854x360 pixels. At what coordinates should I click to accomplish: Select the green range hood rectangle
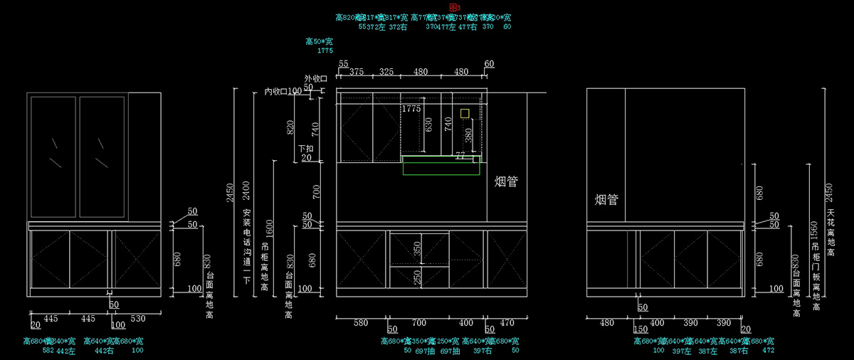440,166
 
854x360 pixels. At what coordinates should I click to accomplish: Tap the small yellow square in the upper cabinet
465,113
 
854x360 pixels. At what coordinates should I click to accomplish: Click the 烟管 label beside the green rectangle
506,182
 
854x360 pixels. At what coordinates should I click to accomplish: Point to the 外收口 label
315,78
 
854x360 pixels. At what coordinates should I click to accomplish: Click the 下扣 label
305,149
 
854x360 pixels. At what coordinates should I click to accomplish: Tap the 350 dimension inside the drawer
418,249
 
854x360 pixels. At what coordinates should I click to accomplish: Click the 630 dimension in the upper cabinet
428,125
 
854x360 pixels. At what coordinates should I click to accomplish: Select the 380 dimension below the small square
468,135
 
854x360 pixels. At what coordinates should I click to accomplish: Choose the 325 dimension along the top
386,72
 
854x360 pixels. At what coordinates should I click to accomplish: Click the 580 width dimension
361,323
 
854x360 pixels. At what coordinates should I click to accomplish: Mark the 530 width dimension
138,318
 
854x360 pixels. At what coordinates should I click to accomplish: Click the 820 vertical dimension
290,128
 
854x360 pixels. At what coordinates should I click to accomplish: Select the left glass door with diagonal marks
53,157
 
